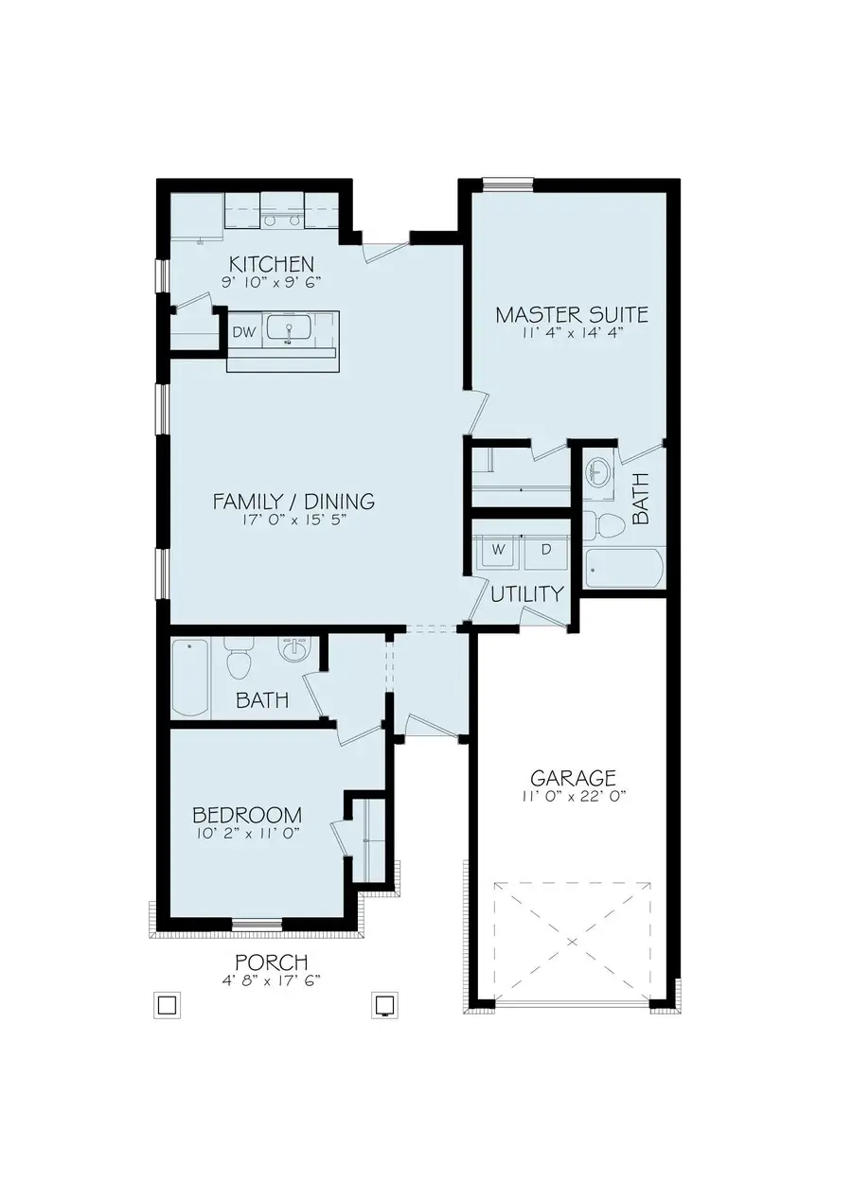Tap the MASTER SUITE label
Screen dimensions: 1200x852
click(572, 314)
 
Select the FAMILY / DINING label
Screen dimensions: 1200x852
click(293, 501)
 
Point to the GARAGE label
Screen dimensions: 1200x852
click(573, 778)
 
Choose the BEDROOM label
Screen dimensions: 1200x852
click(247, 815)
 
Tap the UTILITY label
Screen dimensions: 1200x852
click(527, 594)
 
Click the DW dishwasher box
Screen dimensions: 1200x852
click(242, 332)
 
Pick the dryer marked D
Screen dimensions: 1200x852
click(546, 549)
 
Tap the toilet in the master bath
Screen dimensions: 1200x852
click(600, 523)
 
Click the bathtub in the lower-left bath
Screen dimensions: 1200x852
click(190, 677)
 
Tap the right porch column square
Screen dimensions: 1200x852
click(383, 1003)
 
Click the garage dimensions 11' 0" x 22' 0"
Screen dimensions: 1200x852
click(573, 797)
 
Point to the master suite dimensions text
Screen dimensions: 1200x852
click(572, 333)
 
